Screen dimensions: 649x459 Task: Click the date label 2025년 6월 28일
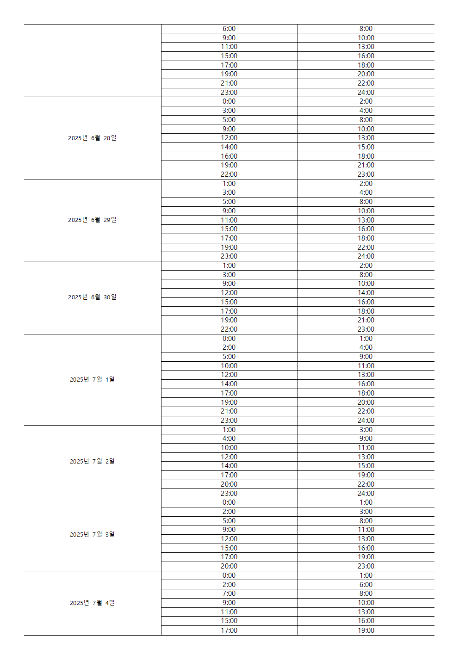tap(92, 138)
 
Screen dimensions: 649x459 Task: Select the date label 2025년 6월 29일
tap(92, 220)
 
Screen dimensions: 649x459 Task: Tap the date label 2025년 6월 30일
tap(92, 297)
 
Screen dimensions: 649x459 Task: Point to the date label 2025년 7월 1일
tap(92, 379)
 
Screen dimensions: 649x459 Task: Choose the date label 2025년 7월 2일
tap(92, 461)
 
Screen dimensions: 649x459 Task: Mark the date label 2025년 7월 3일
tap(92, 534)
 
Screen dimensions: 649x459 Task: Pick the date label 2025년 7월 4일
tap(92, 603)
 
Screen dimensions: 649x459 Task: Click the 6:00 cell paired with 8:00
tap(229, 29)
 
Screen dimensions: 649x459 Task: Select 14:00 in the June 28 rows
tap(229, 147)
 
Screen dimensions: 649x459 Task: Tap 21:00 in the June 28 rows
tap(366, 165)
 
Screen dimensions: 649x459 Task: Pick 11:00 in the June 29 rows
tap(229, 220)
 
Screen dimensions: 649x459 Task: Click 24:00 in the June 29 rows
tap(366, 256)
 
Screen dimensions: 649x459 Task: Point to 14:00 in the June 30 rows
tap(366, 293)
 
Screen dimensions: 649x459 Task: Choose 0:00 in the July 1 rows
tap(229, 339)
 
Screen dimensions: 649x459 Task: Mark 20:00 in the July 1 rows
tap(366, 402)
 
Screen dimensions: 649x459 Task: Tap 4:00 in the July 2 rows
tap(229, 439)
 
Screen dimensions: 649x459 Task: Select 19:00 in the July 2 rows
tap(366, 475)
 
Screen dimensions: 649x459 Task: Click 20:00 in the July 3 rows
tap(229, 566)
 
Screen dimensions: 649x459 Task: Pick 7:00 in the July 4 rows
tap(229, 593)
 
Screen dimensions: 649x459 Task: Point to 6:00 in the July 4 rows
tap(366, 585)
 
